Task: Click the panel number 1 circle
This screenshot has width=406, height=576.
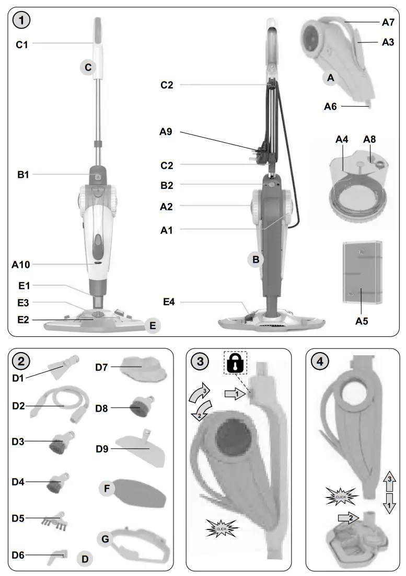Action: point(21,21)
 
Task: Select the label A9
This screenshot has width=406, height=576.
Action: point(167,132)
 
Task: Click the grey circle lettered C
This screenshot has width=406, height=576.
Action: point(88,67)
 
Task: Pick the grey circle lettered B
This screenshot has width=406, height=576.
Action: point(256,258)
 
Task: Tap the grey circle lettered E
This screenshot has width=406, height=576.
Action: point(153,325)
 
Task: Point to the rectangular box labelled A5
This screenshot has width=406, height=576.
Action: point(361,272)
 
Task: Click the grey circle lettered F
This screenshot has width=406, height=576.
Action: point(107,489)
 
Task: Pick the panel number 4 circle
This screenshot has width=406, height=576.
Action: point(319,362)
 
